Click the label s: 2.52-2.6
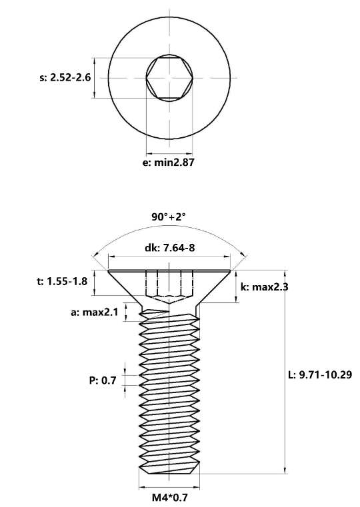pyautogui.click(x=65, y=77)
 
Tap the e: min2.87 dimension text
pyautogui.click(x=169, y=162)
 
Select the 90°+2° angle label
pyautogui.click(x=169, y=217)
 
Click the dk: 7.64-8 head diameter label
pyautogui.click(x=169, y=248)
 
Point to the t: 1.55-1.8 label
pyautogui.click(x=62, y=281)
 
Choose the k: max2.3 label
pyautogui.click(x=264, y=286)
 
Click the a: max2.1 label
pyautogui.click(x=95, y=312)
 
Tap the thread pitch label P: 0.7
pyautogui.click(x=103, y=380)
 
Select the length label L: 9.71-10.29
pyautogui.click(x=320, y=374)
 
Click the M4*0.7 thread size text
pyautogui.click(x=169, y=497)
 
